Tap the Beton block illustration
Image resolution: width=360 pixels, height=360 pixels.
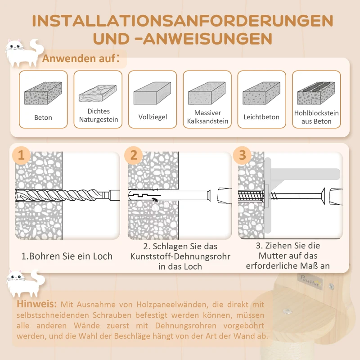(x=43, y=93)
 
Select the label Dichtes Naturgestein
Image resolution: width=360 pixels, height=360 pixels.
(x=99, y=115)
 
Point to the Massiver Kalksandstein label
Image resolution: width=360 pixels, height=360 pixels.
(x=207, y=117)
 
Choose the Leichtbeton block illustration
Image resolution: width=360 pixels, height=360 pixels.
(x=261, y=94)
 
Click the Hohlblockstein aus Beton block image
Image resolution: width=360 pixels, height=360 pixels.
(x=316, y=93)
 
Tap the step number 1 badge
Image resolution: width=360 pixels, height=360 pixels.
(x=21, y=156)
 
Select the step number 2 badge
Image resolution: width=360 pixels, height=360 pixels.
(x=133, y=156)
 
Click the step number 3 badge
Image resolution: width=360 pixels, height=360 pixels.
(x=243, y=156)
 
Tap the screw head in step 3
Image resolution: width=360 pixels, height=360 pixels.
(x=323, y=196)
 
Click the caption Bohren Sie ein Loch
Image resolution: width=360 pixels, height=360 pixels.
(x=67, y=256)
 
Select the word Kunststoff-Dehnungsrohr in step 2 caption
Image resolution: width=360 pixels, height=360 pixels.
(x=180, y=256)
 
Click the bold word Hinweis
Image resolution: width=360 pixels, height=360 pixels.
(x=37, y=305)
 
